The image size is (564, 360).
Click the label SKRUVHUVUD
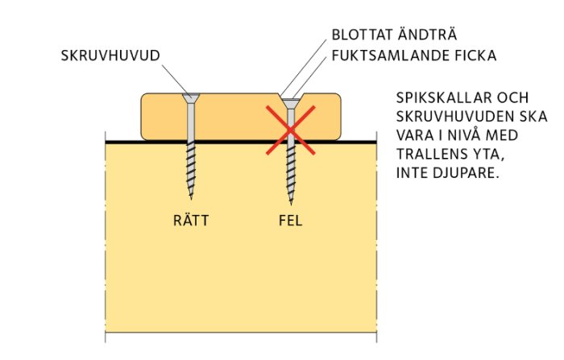pyautogui.click(x=110, y=56)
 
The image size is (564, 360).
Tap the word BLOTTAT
pyautogui.click(x=362, y=35)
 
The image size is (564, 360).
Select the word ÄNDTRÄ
pyautogui.click(x=427, y=34)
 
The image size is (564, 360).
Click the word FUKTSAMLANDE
pyautogui.click(x=391, y=56)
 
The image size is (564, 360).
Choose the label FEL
pyautogui.click(x=291, y=221)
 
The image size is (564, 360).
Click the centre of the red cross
pyautogui.click(x=291, y=130)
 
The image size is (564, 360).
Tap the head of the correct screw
pyautogui.click(x=191, y=97)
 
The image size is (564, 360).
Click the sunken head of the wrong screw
pyautogui.click(x=291, y=104)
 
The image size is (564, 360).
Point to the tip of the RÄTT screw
pyautogui.click(x=191, y=199)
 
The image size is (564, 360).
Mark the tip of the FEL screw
pyautogui.click(x=291, y=205)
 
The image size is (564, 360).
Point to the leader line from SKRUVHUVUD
pyautogui.click(x=176, y=80)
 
